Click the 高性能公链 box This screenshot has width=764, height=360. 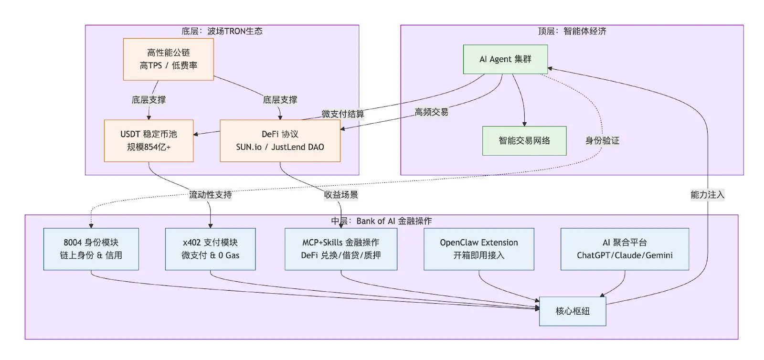[168, 59]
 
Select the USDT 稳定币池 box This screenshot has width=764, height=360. [149, 141]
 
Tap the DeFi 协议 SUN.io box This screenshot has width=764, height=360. [280, 141]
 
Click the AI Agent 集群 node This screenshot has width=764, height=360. [505, 59]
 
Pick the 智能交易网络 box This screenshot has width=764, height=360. [524, 141]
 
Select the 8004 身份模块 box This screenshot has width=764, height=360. [91, 249]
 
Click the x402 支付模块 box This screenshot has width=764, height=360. [210, 249]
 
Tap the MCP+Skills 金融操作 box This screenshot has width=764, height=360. [341, 249]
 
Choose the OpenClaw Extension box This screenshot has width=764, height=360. [478, 249]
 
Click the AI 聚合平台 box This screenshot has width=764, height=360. [625, 249]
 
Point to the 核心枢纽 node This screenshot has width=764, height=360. [573, 311]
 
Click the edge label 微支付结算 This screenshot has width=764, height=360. [342, 114]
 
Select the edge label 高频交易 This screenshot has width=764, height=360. [431, 112]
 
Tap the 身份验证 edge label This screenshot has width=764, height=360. [602, 140]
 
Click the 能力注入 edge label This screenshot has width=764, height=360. [707, 195]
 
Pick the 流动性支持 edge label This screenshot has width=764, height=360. [210, 195]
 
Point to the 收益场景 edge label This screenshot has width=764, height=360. [341, 195]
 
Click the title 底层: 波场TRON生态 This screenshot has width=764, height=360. [222, 32]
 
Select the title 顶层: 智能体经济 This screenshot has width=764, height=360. [572, 32]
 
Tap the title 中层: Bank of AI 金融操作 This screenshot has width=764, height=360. [382, 221]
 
